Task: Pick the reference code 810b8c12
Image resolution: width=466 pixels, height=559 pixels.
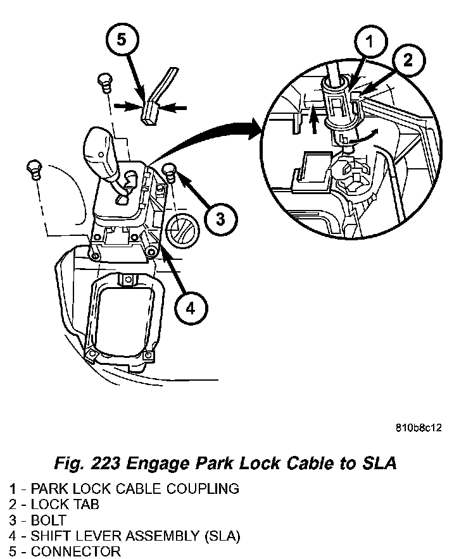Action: coord(419,427)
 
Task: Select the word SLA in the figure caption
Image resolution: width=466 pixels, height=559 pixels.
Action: coord(379,464)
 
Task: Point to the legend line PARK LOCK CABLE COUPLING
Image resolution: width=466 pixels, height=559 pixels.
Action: coord(124,488)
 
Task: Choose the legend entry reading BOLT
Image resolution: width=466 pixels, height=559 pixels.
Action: coord(41,520)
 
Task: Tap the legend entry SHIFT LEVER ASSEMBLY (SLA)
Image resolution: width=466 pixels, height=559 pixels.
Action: coord(125,536)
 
